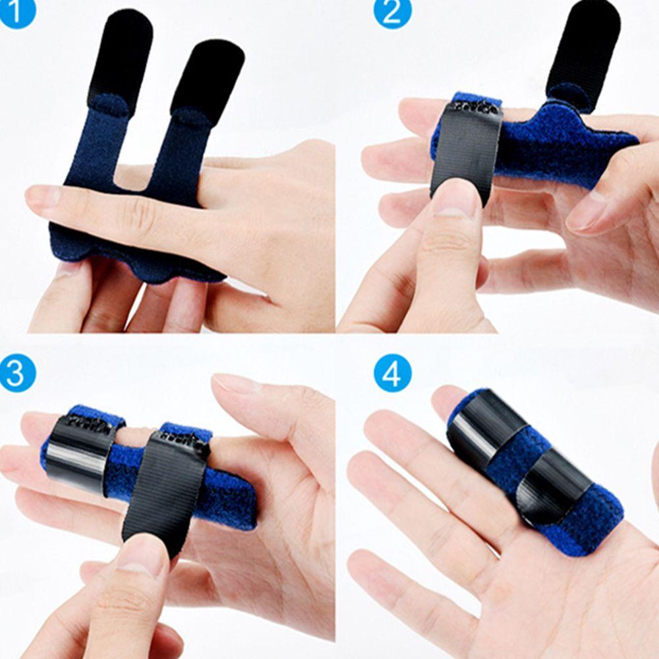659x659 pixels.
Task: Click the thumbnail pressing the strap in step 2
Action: [x=455, y=198]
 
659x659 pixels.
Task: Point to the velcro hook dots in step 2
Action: [x=473, y=106]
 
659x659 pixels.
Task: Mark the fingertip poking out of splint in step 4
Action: [x=449, y=399]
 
